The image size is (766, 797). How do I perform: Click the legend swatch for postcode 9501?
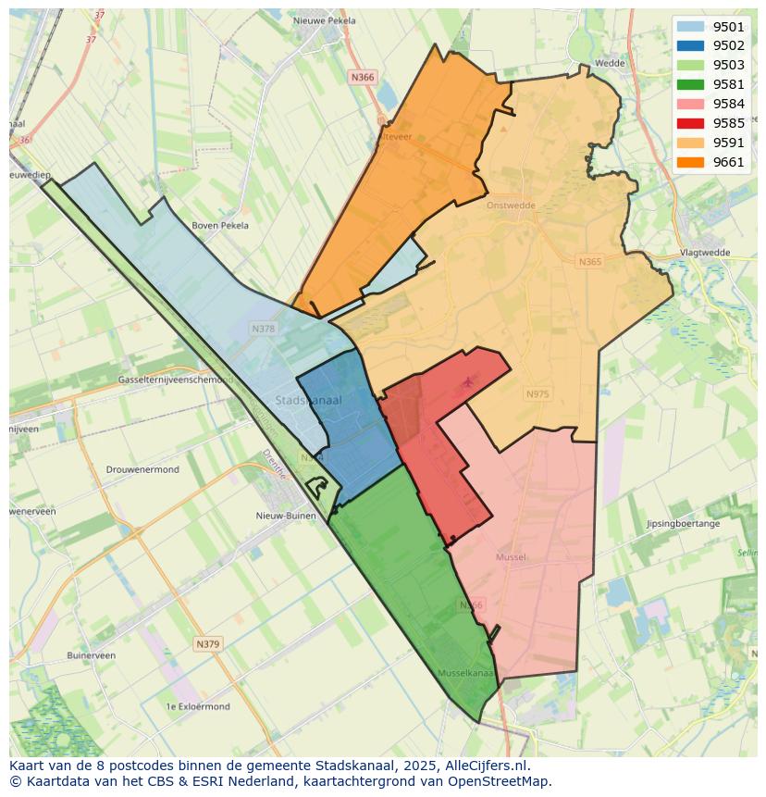690,27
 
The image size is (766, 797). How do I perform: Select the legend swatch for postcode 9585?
690,123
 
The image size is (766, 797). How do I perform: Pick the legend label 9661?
728,162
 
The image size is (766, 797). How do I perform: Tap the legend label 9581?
728,85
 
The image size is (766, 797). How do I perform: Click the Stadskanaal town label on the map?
309,400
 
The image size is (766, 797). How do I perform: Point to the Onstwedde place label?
511,205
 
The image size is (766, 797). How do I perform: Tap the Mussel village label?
511,557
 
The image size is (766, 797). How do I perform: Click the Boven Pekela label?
220,225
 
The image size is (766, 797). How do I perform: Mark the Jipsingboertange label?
684,524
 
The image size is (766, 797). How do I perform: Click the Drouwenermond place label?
142,469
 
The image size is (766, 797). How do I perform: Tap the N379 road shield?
207,643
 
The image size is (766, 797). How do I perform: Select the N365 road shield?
590,262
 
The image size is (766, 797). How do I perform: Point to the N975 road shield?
537,394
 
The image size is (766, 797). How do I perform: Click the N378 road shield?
263,329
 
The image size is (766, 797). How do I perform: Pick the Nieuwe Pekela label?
324,20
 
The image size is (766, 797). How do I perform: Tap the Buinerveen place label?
91,655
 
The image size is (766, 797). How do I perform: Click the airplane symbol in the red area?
467,381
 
